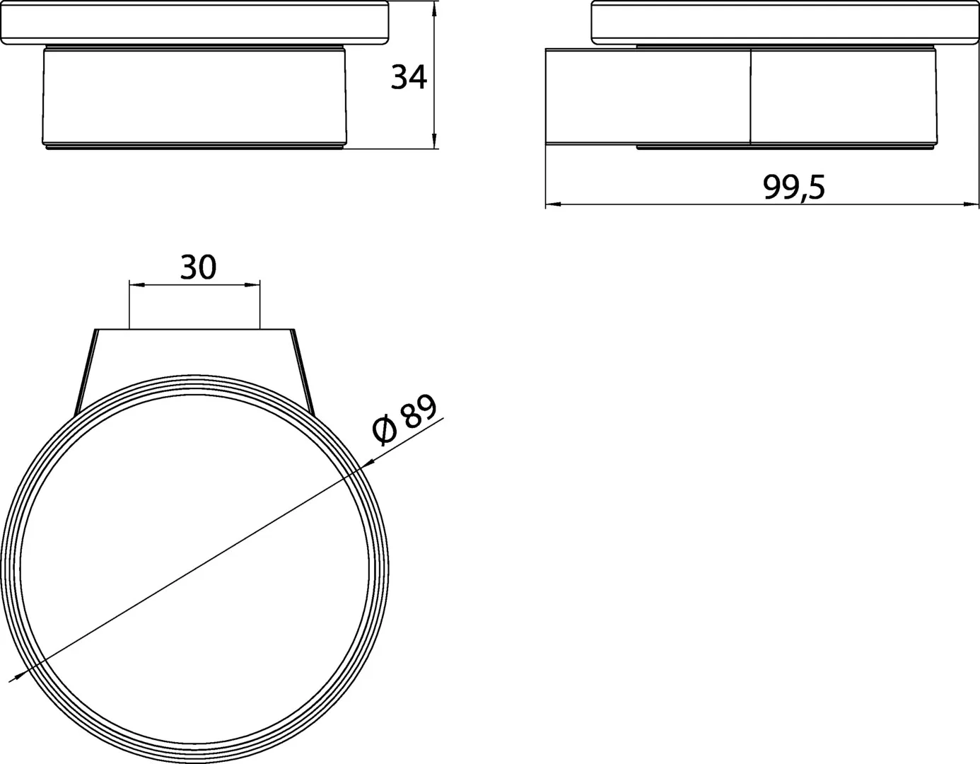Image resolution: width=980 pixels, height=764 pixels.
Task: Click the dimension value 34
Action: (409, 77)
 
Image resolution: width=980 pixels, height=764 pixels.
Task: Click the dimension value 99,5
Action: (793, 187)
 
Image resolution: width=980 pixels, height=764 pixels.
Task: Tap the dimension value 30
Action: (198, 267)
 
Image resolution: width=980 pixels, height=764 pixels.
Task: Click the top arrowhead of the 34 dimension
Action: (435, 10)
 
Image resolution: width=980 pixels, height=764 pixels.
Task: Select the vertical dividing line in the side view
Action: (749, 98)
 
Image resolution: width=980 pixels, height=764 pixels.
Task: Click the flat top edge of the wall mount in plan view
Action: (194, 330)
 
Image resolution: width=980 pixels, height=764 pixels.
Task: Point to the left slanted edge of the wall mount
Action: (85, 371)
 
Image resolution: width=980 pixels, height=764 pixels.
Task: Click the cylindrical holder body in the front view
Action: (194, 98)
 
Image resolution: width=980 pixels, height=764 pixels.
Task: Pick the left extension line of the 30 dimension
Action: (129, 304)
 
